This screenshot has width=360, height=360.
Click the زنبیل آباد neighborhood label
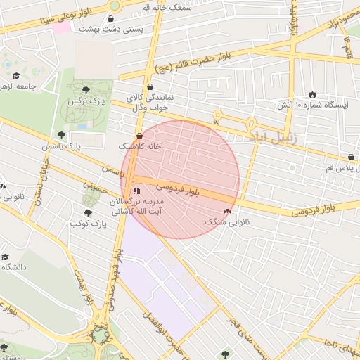274,136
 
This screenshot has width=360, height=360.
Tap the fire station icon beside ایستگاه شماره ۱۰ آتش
312,94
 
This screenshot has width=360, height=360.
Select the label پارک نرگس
82,101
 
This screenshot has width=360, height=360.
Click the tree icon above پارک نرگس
86,89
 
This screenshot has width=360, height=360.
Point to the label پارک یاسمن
60,146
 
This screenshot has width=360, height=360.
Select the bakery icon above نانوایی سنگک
226,211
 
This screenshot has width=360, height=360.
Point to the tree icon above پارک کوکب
88,212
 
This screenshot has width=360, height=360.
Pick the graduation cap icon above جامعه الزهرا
16,76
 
